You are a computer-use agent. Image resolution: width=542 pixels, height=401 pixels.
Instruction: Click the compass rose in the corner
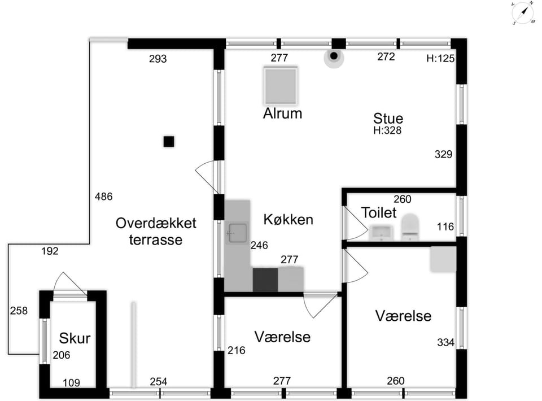click(x=523, y=13)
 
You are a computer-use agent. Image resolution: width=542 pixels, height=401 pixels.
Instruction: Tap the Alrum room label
click(x=282, y=114)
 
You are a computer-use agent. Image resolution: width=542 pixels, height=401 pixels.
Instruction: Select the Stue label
click(x=388, y=119)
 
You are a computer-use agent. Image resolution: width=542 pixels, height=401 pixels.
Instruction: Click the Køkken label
click(x=289, y=220)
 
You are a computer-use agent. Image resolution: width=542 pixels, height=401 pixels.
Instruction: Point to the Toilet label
click(x=379, y=212)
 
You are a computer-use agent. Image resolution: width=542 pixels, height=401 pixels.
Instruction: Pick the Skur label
click(x=75, y=338)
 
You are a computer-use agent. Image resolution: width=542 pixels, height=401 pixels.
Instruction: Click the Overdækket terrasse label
click(x=156, y=231)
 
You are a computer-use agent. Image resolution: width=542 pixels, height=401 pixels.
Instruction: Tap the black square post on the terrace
click(x=169, y=142)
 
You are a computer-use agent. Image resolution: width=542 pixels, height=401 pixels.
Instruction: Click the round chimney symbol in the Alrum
click(x=334, y=56)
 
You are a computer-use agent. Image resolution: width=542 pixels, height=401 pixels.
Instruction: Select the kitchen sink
click(x=238, y=233)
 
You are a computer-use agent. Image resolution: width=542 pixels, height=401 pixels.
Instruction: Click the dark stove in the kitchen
click(x=265, y=280)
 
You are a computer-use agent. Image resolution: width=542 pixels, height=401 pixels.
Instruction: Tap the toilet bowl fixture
click(x=410, y=227)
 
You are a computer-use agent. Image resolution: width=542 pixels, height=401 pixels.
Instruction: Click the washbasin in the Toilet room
click(x=381, y=233)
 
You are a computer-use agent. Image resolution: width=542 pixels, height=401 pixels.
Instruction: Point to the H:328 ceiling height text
click(x=387, y=130)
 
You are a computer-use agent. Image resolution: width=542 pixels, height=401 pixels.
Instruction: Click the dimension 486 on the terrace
click(x=104, y=197)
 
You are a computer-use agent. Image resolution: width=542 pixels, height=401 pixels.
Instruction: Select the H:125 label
click(x=440, y=58)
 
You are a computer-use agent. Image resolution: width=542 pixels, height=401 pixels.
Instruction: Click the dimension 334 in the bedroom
click(x=445, y=342)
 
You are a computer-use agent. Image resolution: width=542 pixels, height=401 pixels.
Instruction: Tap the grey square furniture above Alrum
click(x=281, y=85)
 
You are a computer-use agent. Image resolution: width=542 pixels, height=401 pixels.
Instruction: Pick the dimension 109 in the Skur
click(x=71, y=383)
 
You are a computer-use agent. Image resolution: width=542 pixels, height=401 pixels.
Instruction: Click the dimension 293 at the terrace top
click(x=158, y=59)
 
